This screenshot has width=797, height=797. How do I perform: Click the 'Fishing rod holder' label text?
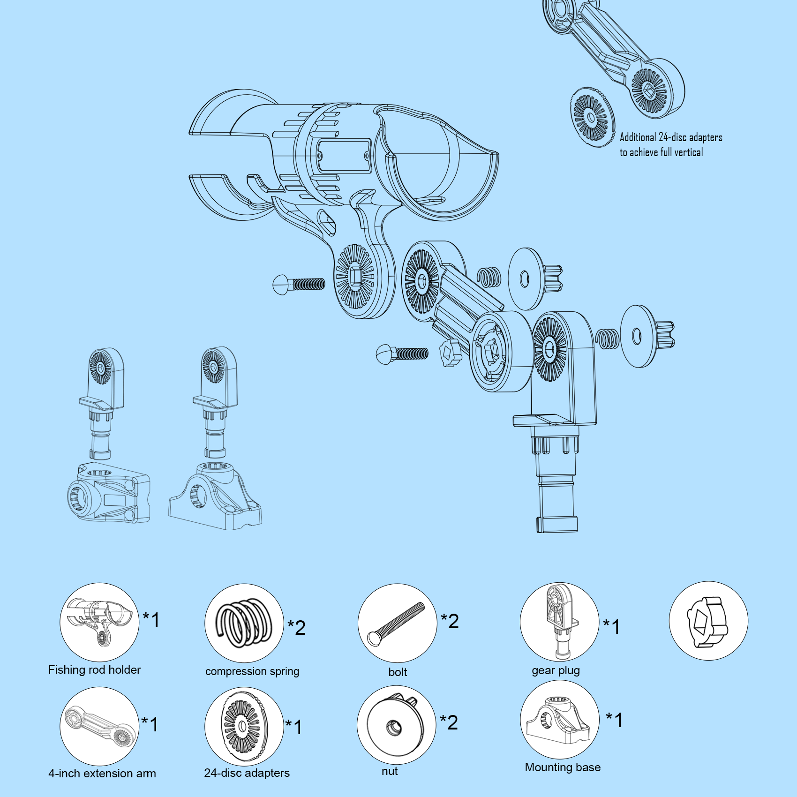94,670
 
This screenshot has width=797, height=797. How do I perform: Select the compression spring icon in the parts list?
244,623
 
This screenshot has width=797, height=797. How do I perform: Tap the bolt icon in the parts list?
397,623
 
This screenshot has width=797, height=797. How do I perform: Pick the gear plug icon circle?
559,622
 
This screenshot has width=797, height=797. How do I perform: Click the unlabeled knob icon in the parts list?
708,621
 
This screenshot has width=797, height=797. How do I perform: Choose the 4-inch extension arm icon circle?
99,727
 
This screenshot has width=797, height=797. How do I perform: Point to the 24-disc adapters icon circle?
244,727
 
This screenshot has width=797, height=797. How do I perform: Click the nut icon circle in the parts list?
397,725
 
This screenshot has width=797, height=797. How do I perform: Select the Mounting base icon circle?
559,720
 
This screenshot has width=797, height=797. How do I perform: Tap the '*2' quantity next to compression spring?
297,628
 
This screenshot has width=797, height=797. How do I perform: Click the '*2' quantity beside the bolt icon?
450,621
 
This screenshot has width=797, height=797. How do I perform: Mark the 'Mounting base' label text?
563,767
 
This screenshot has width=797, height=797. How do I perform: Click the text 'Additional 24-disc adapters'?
671,137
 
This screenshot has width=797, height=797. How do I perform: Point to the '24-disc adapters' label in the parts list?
247,773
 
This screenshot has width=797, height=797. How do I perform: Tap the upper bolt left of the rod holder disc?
299,284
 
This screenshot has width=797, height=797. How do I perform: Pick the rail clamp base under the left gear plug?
109,492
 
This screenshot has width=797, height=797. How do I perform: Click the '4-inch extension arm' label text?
102,774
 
